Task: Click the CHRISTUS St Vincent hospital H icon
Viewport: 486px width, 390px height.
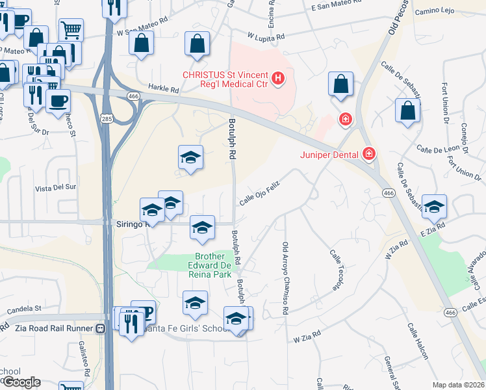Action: pyautogui.click(x=278, y=79)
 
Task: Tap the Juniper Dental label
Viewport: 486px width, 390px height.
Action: pyautogui.click(x=331, y=154)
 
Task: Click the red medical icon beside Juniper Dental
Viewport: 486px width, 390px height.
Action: pyautogui.click(x=369, y=153)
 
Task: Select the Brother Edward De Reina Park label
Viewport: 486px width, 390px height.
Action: pyautogui.click(x=209, y=265)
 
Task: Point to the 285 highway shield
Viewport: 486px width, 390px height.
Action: pyautogui.click(x=107, y=118)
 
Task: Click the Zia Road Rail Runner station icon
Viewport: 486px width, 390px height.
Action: pyautogui.click(x=100, y=328)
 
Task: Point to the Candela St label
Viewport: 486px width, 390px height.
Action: pyautogui.click(x=24, y=307)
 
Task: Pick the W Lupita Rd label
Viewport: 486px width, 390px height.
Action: pyautogui.click(x=266, y=37)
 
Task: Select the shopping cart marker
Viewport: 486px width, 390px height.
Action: pyautogui.click(x=71, y=29)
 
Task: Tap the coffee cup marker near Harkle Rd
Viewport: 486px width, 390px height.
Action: pyautogui.click(x=58, y=101)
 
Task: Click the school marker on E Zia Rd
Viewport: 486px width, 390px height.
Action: pyautogui.click(x=434, y=206)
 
